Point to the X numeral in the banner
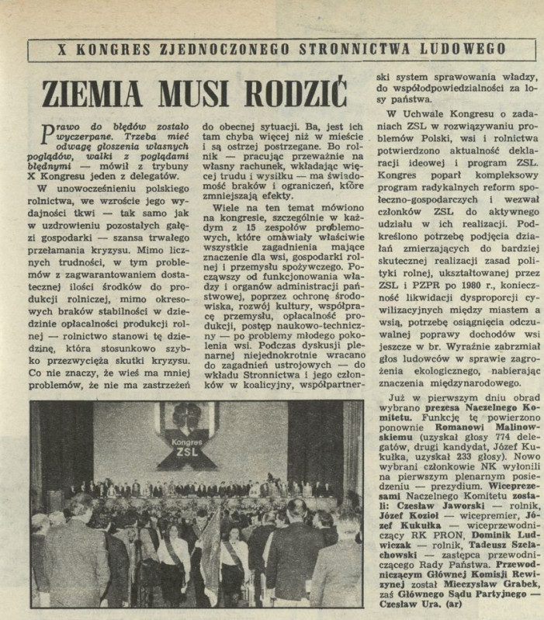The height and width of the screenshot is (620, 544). (x=62, y=49)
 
